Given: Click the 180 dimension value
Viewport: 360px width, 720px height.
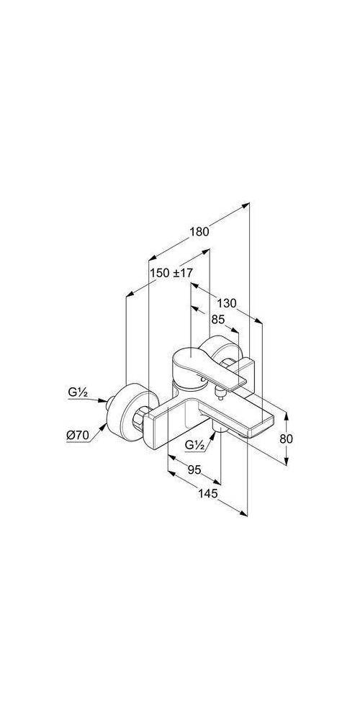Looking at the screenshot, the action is point(199,232).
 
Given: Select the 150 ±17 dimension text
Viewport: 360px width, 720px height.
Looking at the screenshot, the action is point(171,273).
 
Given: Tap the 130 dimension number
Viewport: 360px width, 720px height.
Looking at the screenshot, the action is point(227,303).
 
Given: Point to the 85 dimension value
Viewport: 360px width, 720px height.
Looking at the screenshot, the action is point(219,319).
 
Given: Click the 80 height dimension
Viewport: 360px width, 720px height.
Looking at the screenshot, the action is point(286,438).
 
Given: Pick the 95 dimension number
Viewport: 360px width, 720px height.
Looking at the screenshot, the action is point(194,469).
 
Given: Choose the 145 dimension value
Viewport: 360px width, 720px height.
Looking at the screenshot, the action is point(207,493).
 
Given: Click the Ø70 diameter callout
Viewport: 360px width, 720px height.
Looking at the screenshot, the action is point(78,436).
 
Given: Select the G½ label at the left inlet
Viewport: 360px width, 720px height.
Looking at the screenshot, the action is point(77,392).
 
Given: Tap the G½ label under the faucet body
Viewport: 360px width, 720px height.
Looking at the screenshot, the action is point(194,444).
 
